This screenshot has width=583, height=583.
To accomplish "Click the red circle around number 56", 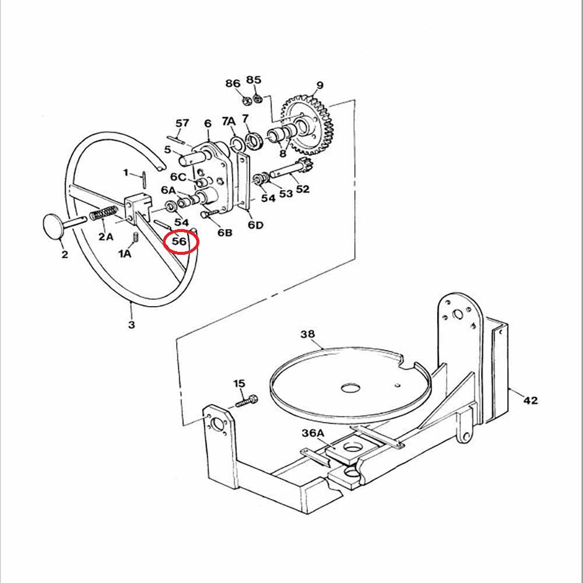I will click(181, 241).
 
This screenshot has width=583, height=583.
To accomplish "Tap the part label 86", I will click(233, 83).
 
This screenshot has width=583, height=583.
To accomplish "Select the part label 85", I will click(254, 79).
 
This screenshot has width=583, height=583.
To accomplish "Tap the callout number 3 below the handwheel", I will click(131, 325).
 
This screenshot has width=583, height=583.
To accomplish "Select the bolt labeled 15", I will click(248, 401).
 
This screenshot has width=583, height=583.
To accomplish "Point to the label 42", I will click(530, 401).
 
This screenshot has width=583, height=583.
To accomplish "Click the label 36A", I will click(312, 433).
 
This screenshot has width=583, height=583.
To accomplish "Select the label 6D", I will click(255, 225).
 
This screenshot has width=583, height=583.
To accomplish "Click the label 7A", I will click(229, 121).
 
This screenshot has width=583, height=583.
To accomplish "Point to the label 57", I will click(182, 123).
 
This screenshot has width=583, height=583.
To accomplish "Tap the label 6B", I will click(225, 233).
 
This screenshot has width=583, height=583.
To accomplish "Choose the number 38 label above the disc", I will click(307, 334).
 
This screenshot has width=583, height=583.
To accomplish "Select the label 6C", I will click(178, 177).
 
